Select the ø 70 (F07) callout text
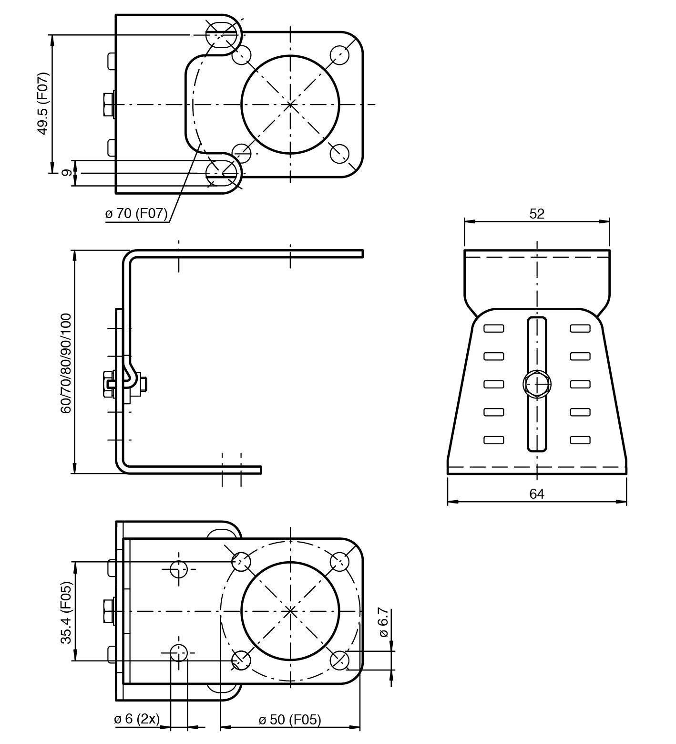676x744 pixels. coord(137,214)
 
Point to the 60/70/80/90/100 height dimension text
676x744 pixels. coord(66,363)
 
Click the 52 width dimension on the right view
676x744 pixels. coord(536,214)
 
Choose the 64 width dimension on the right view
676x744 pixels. coord(536,494)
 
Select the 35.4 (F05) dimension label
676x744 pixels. coord(66,612)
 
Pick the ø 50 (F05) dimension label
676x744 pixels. coord(290,720)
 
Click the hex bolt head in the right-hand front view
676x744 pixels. coord(537,383)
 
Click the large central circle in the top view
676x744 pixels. coord(290,104)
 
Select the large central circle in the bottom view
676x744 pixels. coord(290,610)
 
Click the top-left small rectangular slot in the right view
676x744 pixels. coord(494,328)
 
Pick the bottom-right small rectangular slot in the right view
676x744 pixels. coord(580,440)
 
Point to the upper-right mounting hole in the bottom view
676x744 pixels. coord(339,562)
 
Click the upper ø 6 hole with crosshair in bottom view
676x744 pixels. coord(179,568)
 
